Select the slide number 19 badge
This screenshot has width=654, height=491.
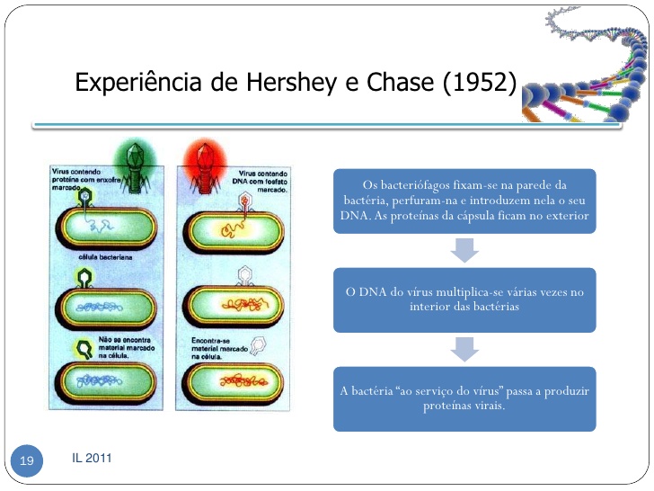click(x=26, y=461)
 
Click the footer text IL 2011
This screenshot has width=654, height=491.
click(x=92, y=460)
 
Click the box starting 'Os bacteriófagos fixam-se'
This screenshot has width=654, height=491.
click(x=464, y=201)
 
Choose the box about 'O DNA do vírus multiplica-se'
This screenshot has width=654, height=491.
click(x=464, y=299)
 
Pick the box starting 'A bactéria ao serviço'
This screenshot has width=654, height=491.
click(x=464, y=398)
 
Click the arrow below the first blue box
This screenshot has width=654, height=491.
click(x=464, y=250)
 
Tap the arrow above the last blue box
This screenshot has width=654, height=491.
click(x=464, y=349)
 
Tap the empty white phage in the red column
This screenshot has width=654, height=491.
click(x=258, y=344)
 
